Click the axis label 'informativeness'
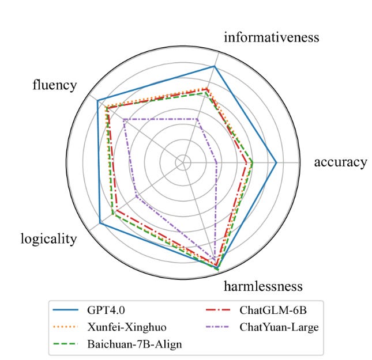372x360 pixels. pos(271,38)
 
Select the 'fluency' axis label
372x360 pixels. pos(54,85)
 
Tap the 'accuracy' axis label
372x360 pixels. pos(340,162)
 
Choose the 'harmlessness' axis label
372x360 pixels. pos(263,286)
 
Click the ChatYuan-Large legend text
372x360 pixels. pos(279,328)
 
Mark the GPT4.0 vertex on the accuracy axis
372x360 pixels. pos(276,162)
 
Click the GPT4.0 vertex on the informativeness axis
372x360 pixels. pos(215,67)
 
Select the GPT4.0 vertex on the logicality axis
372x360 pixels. pos(100,222)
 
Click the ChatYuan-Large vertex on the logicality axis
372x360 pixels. pos(136,197)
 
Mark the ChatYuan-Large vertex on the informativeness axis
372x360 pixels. pos(198,119)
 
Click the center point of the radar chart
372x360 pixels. pos(184,162)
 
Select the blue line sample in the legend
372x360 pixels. pos(67,312)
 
